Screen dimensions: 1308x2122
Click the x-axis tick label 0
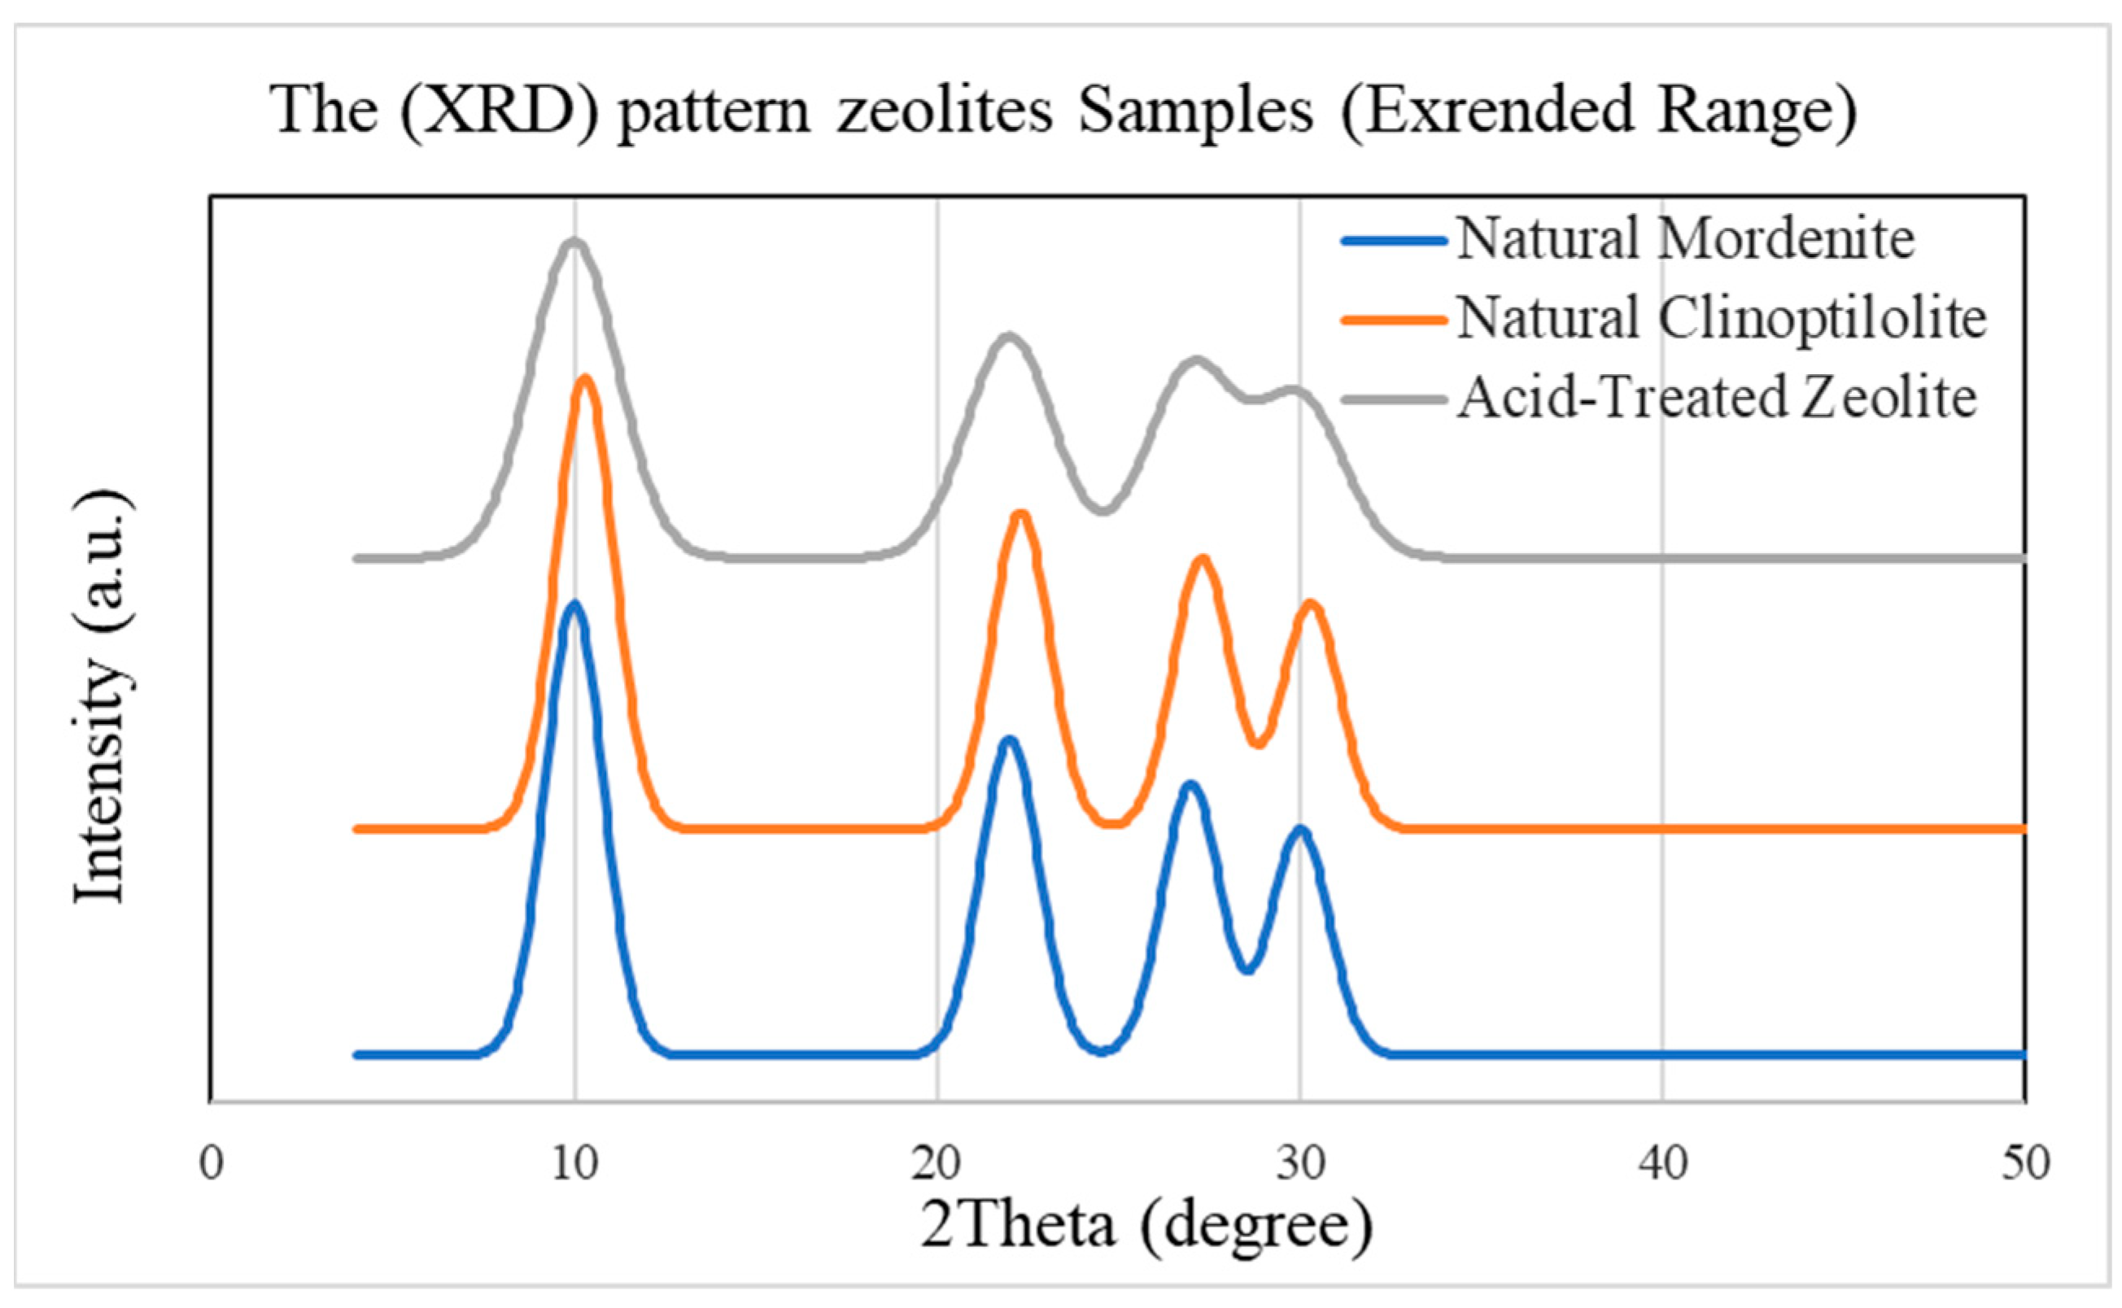click(211, 1164)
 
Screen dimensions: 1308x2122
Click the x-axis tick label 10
click(574, 1164)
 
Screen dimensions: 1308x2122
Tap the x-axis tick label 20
click(936, 1164)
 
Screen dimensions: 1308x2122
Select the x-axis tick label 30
click(1301, 1164)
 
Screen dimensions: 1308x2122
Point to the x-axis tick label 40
click(1662, 1164)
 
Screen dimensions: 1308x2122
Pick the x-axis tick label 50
click(2025, 1164)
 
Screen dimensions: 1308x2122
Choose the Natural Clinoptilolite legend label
click(1722, 317)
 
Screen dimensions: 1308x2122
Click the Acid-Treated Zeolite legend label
click(1716, 398)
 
